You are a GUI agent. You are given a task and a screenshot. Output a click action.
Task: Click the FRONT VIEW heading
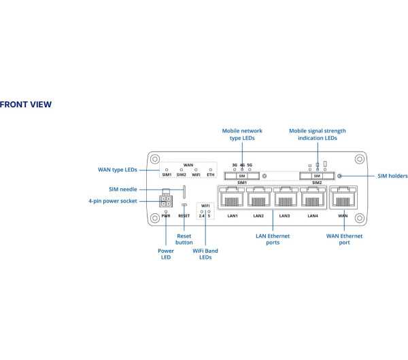point(25,105)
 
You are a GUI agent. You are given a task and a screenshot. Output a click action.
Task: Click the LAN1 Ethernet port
point(231,199)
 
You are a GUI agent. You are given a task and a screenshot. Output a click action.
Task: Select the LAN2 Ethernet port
point(258,199)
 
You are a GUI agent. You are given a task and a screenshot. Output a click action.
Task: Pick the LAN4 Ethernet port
point(313,199)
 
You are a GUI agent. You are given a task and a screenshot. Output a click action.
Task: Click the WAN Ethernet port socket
point(343,199)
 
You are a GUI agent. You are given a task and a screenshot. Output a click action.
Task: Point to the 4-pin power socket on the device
point(166,200)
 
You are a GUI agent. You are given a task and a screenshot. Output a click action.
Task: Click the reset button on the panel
point(184,204)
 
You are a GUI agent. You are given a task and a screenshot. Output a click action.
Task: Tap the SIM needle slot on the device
point(184,188)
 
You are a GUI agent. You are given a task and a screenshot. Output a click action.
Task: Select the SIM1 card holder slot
point(241,176)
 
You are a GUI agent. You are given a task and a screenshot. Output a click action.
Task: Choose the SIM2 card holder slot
point(317,176)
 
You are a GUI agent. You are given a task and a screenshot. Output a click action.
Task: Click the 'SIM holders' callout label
point(392,176)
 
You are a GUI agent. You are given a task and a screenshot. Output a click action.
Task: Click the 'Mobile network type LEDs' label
point(242,134)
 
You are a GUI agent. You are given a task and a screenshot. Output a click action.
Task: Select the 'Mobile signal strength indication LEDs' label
point(318,134)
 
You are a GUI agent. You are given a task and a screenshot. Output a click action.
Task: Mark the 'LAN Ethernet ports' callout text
point(272,239)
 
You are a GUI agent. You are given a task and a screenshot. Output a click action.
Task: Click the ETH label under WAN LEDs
point(210,175)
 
